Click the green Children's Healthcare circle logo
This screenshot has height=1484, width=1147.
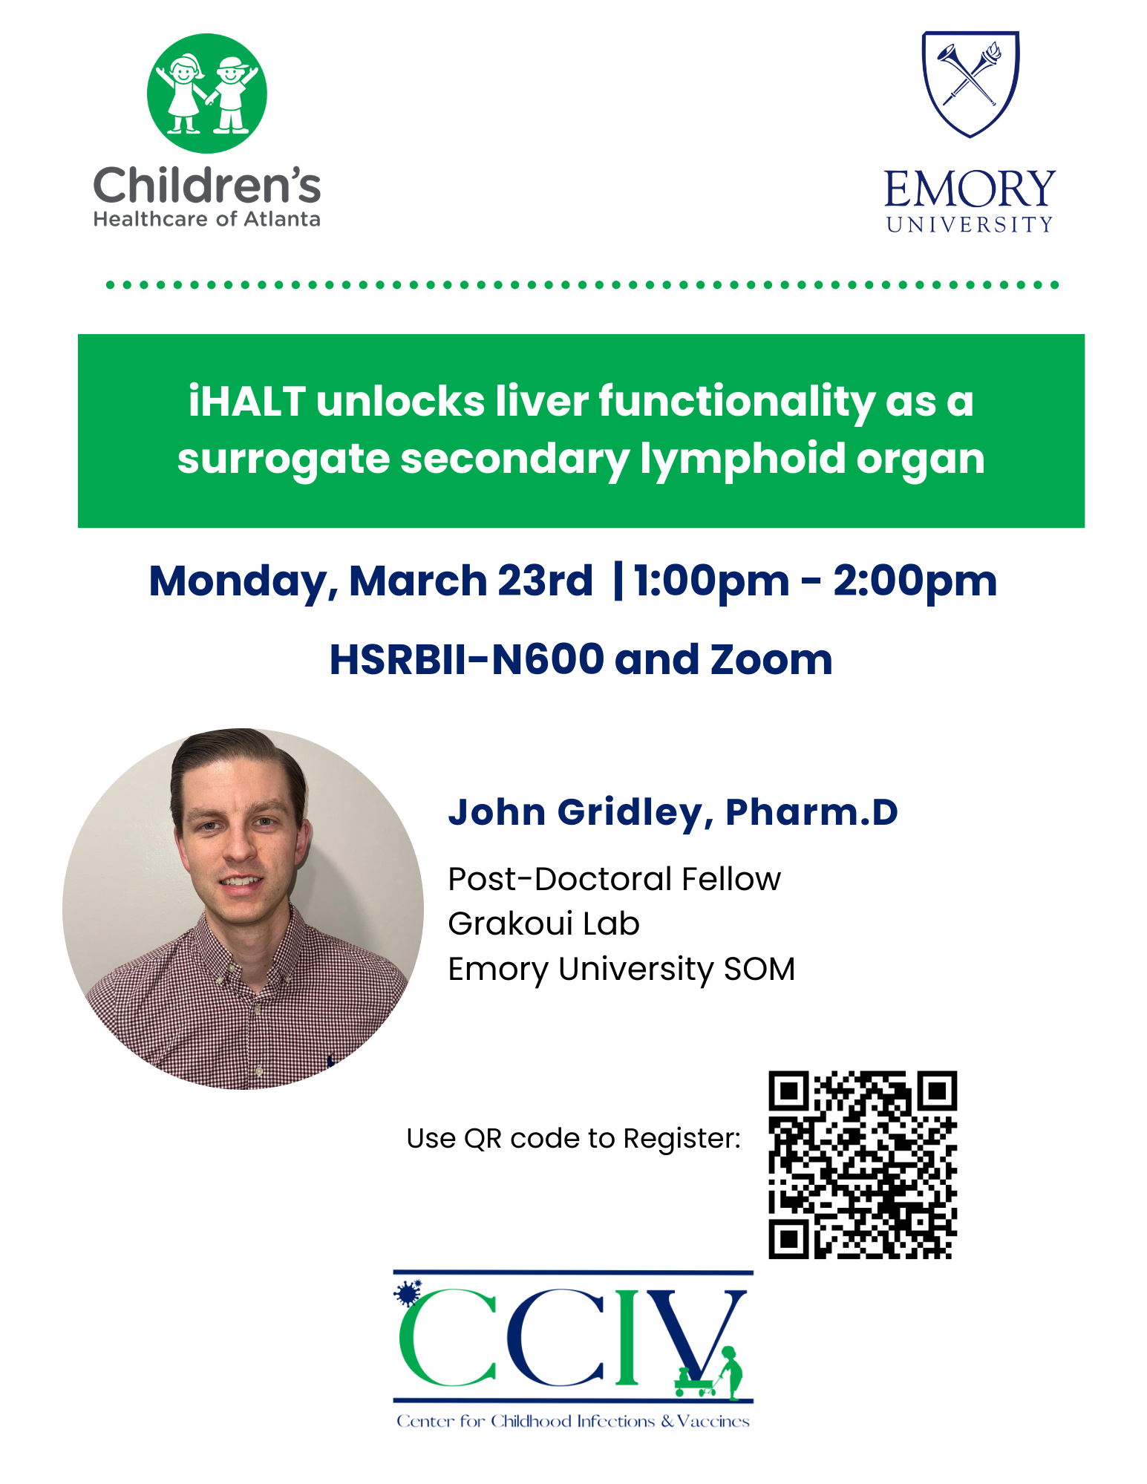tap(206, 94)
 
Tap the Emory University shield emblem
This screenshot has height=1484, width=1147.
tap(970, 84)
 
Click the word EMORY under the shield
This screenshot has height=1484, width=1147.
tap(970, 189)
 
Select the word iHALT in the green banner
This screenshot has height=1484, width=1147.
tap(246, 402)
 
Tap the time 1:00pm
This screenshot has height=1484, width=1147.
tap(711, 581)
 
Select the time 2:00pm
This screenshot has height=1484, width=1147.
tap(915, 581)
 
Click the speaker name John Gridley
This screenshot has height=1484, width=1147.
tap(575, 813)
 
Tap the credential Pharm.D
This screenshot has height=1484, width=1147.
tap(811, 812)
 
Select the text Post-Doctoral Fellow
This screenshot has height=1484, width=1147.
tap(614, 879)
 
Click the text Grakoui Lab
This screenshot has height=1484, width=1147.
tap(543, 924)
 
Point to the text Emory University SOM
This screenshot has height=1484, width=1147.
tap(621, 969)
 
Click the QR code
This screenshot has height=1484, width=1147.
tap(863, 1164)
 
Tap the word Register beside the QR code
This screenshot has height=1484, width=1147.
tap(682, 1139)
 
